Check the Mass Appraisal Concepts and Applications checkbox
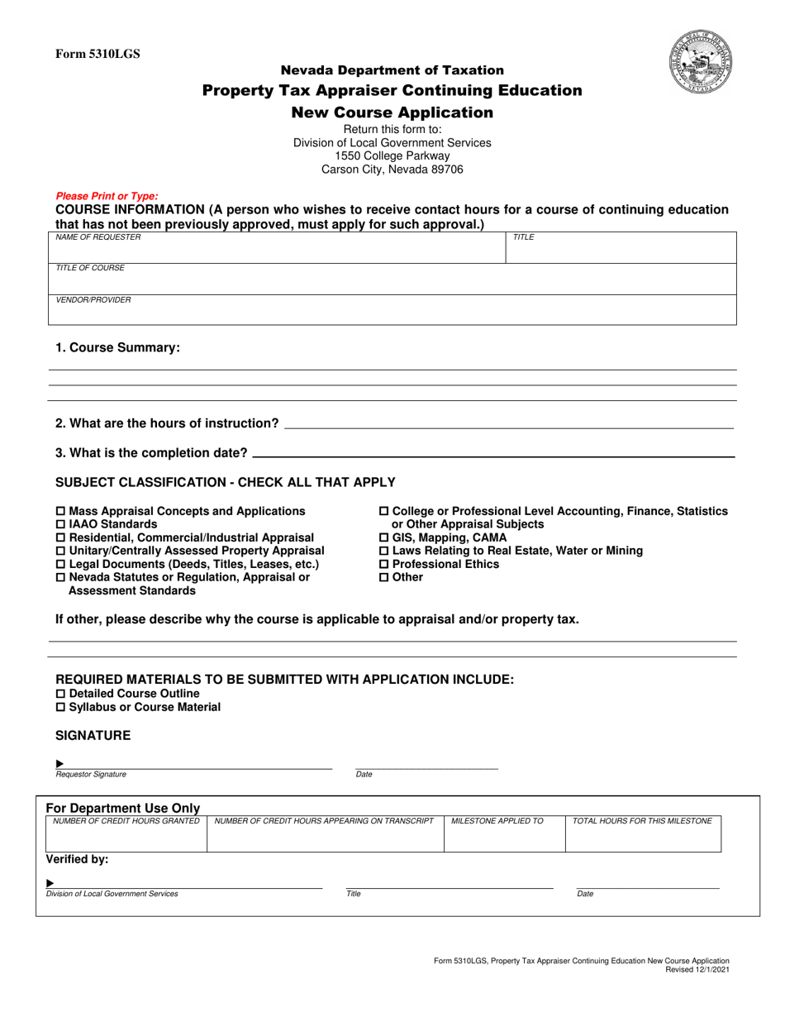60,512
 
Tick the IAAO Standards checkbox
60,525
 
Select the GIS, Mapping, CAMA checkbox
383,538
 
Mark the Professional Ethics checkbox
383,565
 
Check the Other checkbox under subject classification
383,578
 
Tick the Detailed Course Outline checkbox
60,694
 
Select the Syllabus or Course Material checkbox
60,708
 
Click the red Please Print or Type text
107,196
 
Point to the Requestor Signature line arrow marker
59,763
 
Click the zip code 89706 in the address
446,169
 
